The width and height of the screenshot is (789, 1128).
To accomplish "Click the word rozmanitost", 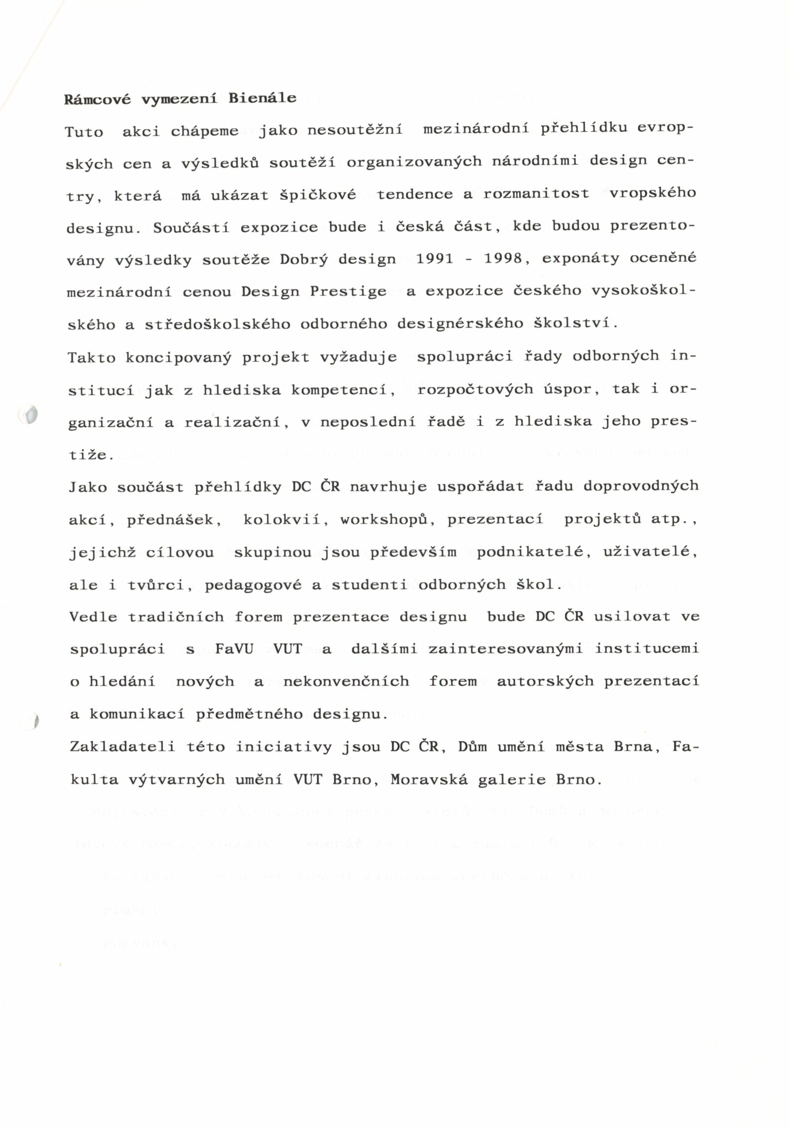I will coord(536,193).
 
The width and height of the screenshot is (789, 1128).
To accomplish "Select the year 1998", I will coord(503,258).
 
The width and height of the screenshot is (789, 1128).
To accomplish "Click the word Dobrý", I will coord(304,259).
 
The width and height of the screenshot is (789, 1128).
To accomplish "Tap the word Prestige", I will coord(348,291).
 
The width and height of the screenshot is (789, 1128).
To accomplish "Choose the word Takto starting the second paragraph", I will coord(91,357).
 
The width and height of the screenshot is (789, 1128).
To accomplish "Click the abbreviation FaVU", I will coord(234,649).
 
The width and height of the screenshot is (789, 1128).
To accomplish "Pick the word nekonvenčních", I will coord(346,682).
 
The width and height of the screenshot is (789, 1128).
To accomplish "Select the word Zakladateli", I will coord(122,747).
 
